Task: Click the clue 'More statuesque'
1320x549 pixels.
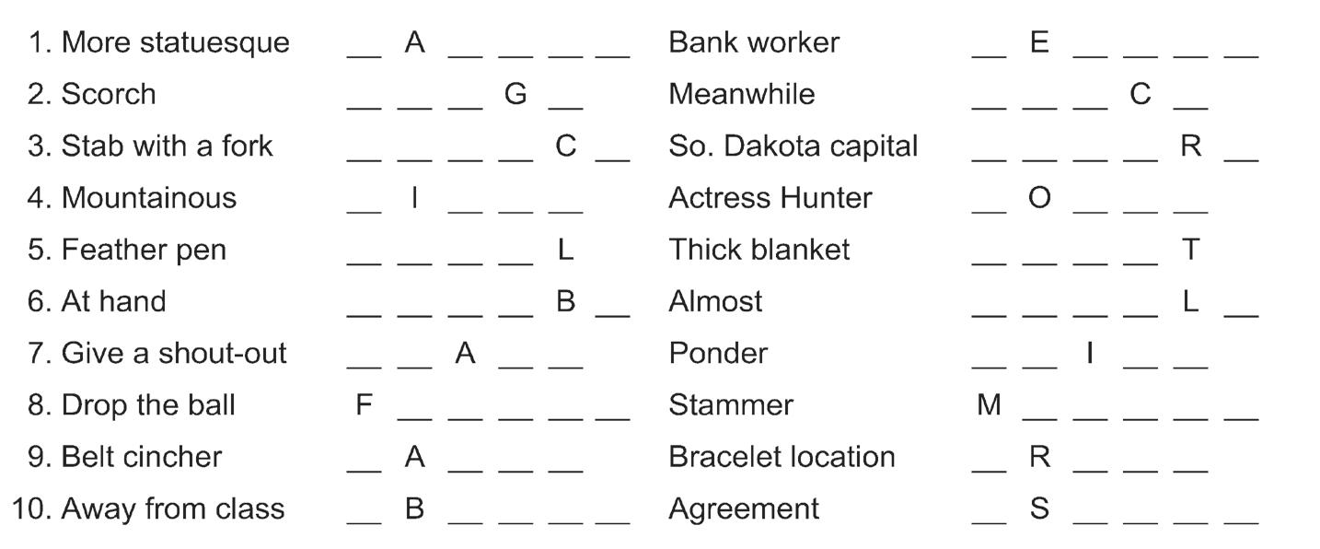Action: click(x=175, y=42)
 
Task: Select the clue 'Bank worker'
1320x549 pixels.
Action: click(x=754, y=42)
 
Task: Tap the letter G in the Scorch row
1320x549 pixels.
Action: click(x=515, y=94)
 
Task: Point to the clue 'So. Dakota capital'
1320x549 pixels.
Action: click(x=793, y=146)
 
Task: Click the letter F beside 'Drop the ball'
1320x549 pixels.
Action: click(x=365, y=405)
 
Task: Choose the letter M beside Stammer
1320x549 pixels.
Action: click(x=989, y=405)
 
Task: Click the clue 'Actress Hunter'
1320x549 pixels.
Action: click(x=770, y=198)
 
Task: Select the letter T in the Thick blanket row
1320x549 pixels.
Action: click(x=1190, y=250)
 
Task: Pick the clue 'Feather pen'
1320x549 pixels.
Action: click(x=144, y=250)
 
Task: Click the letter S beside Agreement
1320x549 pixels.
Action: click(x=1039, y=508)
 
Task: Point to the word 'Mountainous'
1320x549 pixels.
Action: click(x=148, y=198)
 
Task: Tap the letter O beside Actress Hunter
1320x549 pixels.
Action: click(x=1039, y=198)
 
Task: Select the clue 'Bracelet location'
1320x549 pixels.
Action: click(x=782, y=457)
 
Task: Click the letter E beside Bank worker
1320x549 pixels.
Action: click(x=1039, y=42)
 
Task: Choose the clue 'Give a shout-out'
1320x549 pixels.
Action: click(x=174, y=353)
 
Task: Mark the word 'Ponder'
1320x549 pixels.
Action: click(x=718, y=353)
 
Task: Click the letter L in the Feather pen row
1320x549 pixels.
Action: click(x=566, y=250)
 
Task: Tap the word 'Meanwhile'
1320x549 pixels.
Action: click(x=742, y=94)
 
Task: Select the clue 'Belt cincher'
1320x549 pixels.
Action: click(x=142, y=457)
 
